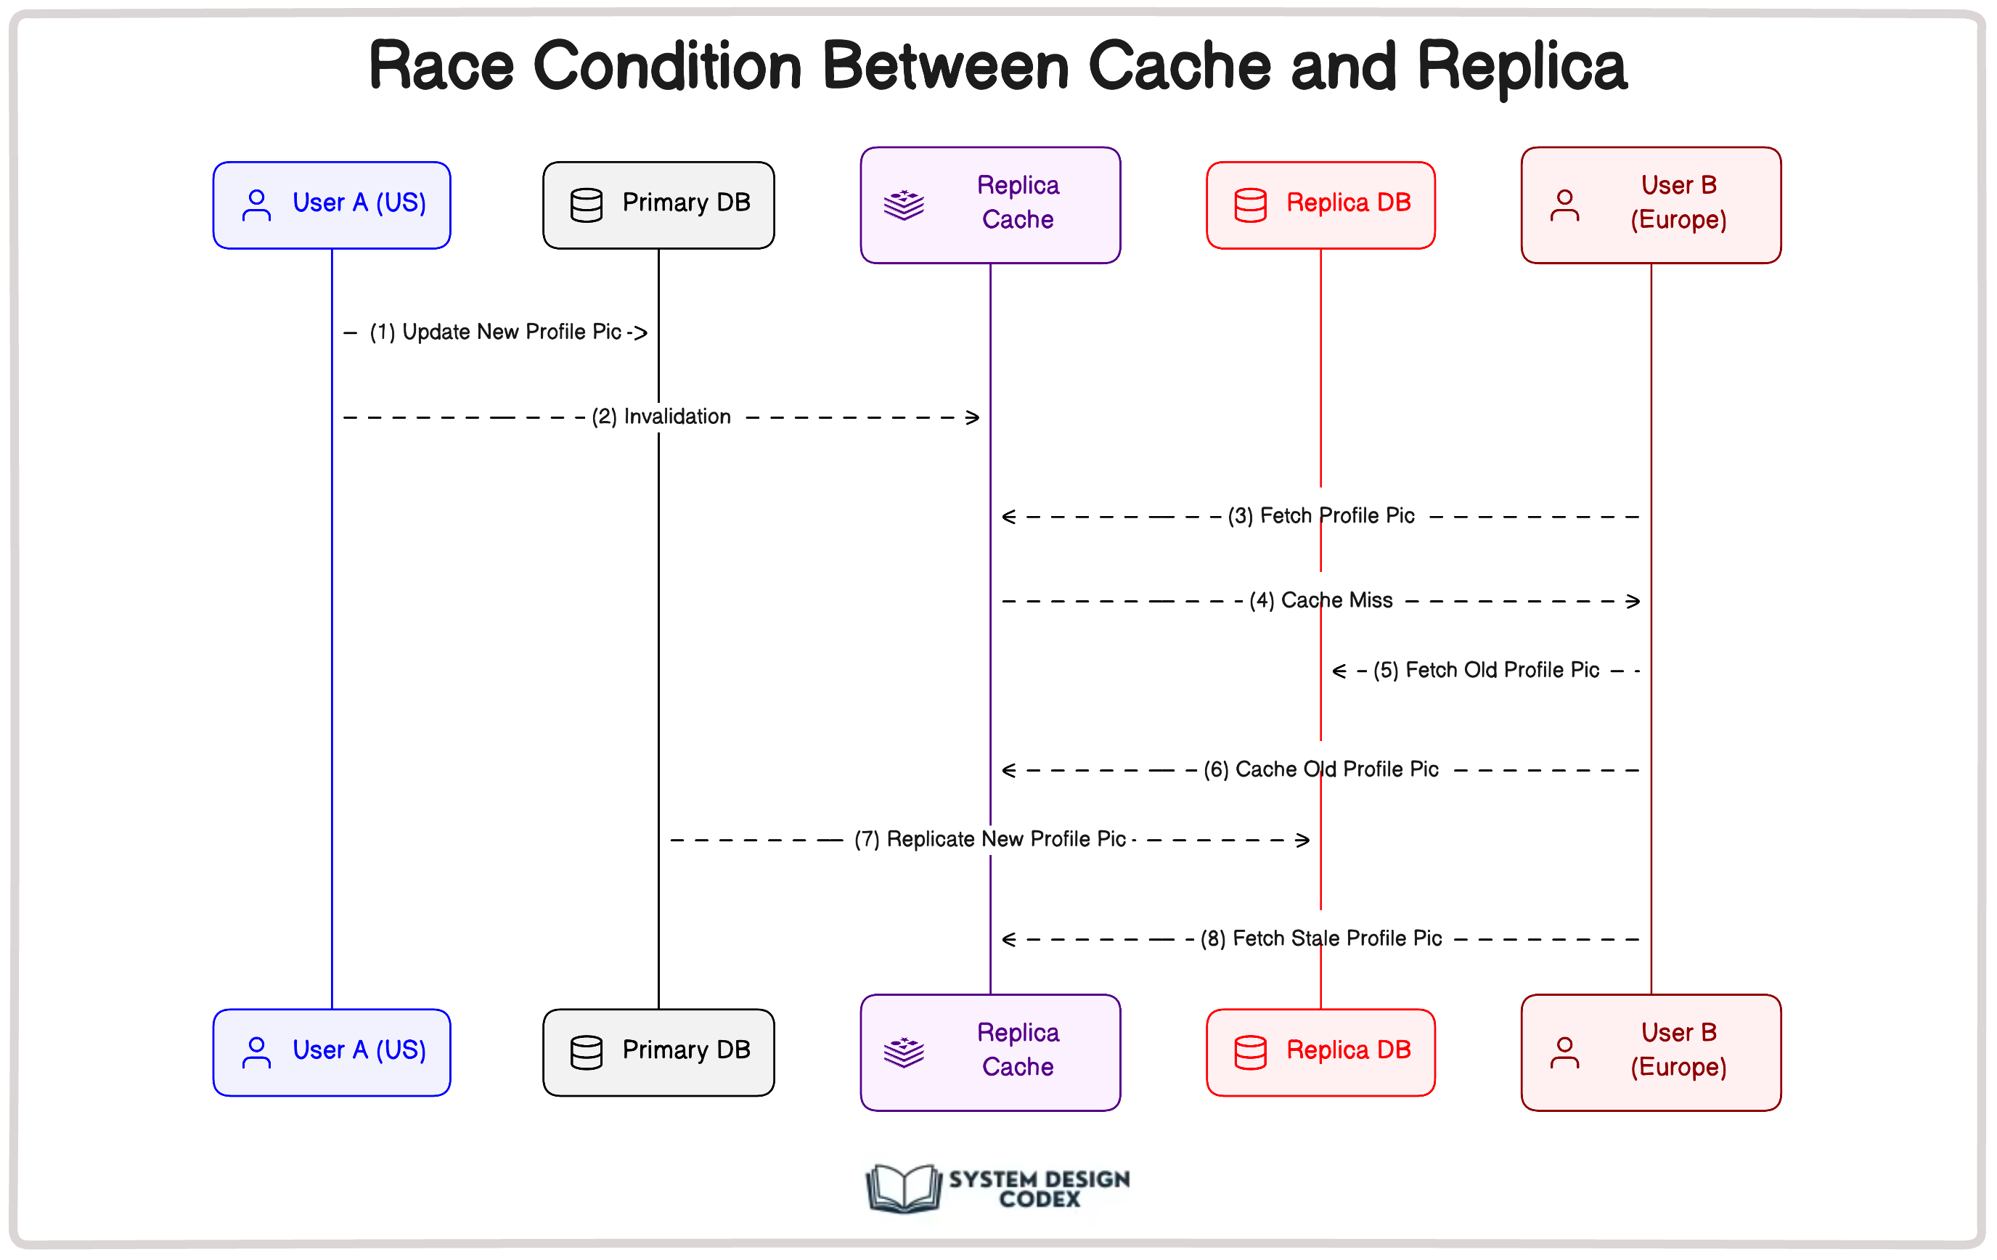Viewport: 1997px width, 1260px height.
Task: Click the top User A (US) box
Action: pos(332,205)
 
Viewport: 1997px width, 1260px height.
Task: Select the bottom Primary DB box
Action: pos(658,1052)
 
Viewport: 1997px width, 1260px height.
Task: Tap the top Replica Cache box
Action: pos(990,205)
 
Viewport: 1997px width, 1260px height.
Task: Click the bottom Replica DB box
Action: pos(1320,1052)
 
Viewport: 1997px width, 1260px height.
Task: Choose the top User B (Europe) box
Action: pos(1650,205)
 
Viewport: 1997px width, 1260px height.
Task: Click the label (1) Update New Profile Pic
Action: pos(496,332)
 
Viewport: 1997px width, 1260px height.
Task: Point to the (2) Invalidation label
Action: pos(661,417)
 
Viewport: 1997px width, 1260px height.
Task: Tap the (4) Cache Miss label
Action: pos(1321,601)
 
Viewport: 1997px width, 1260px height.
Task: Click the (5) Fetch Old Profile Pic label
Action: pos(1485,671)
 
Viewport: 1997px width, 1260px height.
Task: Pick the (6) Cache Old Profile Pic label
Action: pos(1321,770)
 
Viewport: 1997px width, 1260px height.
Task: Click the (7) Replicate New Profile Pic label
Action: pos(989,840)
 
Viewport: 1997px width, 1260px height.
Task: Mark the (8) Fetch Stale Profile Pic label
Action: pos(1321,939)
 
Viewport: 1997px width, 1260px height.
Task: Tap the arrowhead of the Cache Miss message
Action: pos(1633,602)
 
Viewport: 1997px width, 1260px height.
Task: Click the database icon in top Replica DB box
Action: pos(1251,205)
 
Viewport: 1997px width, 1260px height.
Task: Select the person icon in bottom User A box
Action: pos(256,1052)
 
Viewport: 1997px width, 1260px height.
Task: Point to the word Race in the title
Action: pos(441,66)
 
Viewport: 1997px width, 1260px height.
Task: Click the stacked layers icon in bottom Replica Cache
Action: pos(904,1052)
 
